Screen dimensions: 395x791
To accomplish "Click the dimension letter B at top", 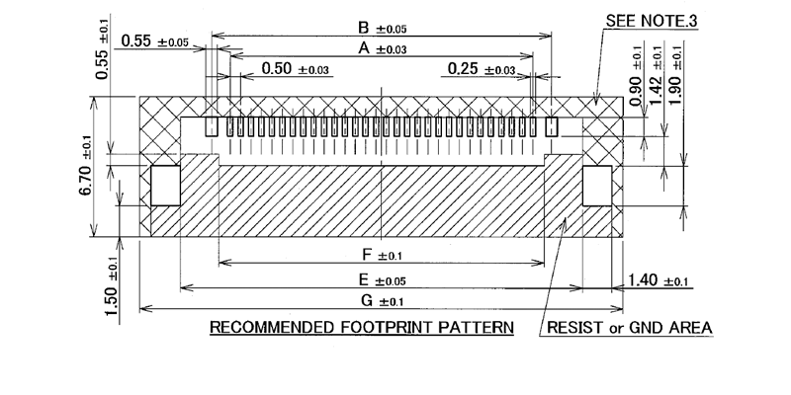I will pos(364,28).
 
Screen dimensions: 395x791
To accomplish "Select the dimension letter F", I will pos(367,256).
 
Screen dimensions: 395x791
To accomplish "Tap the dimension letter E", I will pos(365,279).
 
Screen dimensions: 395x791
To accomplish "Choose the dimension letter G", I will pos(366,300).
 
